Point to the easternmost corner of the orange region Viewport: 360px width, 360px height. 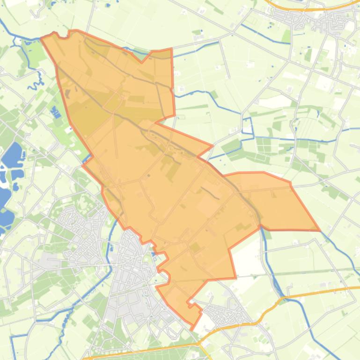319,230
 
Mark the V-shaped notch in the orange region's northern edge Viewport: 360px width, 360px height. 142,62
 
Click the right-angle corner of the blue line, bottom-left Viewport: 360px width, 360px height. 12,336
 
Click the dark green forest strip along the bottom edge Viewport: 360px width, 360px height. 154,353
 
